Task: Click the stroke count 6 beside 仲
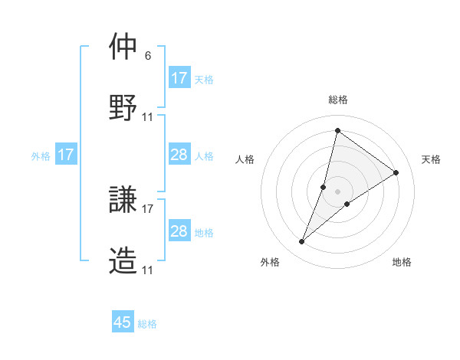point(147,56)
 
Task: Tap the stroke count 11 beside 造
point(148,270)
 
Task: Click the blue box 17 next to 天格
point(179,78)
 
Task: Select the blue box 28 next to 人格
point(179,155)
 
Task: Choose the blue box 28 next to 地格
point(179,231)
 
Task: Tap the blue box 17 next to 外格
point(66,155)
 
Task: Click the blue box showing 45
point(123,322)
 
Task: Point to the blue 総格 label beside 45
point(147,324)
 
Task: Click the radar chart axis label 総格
point(338,100)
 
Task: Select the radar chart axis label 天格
point(431,159)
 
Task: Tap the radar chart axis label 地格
point(402,262)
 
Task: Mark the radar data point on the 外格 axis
point(302,242)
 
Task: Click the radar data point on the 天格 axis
point(396,172)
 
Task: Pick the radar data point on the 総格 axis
point(337,130)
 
